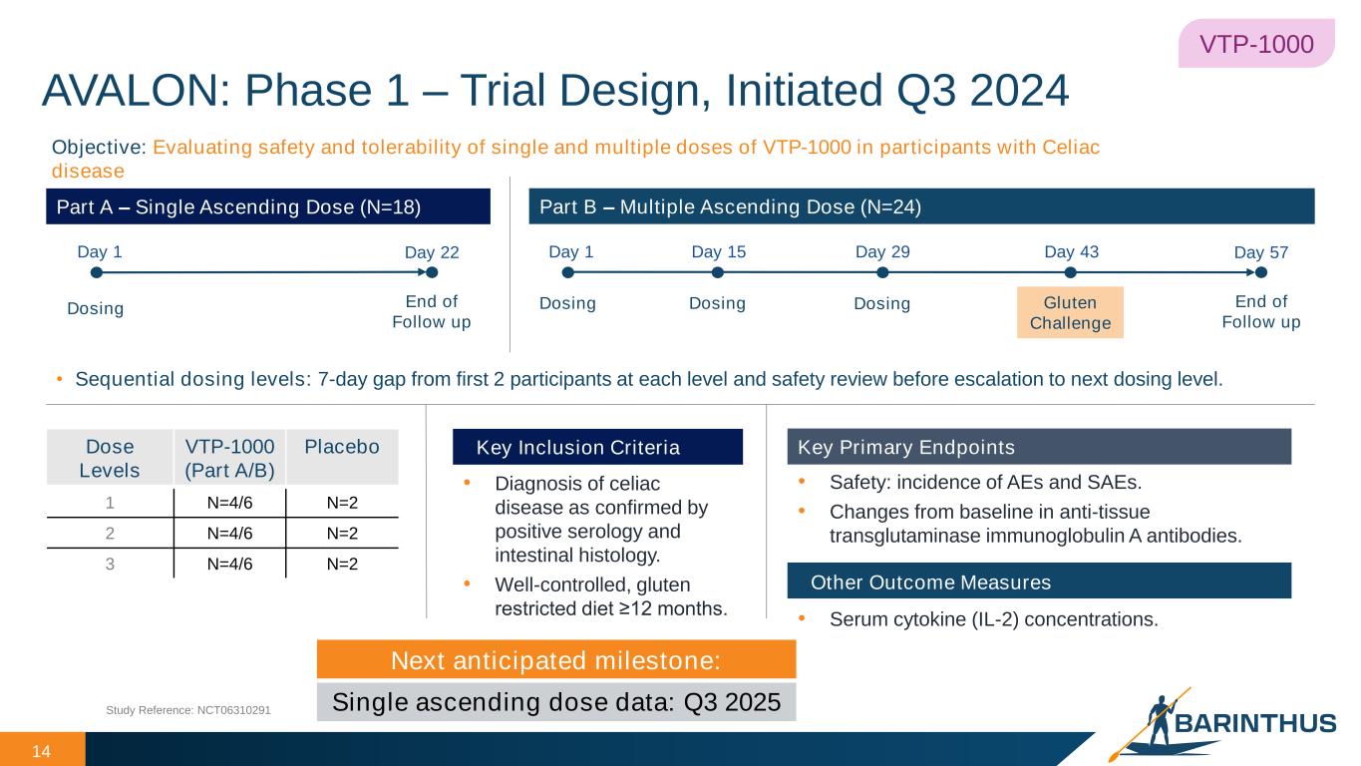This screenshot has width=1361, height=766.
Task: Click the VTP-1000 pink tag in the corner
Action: pos(1256,44)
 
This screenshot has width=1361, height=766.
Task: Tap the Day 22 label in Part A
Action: pos(432,252)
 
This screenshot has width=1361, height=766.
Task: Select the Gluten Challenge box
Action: pos(1070,312)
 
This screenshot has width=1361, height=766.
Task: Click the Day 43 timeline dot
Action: pos(1071,273)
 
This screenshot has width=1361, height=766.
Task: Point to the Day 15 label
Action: pos(718,251)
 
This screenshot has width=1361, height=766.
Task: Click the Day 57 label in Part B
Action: pos(1260,252)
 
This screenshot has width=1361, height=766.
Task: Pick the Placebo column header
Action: pos(342,446)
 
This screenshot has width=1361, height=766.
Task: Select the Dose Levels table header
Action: pos(110,459)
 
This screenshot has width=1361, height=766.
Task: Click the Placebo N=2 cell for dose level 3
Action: pos(342,564)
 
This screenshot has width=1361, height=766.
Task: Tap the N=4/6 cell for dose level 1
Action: pos(229,503)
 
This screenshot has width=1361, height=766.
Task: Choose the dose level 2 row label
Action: pos(110,534)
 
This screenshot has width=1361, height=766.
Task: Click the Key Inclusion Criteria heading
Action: pos(578,448)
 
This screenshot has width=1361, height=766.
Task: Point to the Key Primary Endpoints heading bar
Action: pos(1039,447)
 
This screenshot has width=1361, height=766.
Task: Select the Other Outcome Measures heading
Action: pos(930,581)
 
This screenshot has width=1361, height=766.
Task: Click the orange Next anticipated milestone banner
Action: pos(556,659)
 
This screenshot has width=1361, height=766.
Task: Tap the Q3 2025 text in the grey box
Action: pos(732,702)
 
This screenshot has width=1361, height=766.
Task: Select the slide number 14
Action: pos(41,751)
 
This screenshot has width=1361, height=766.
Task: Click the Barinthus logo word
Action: pos(1255,723)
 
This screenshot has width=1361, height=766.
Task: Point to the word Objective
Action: pos(99,148)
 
